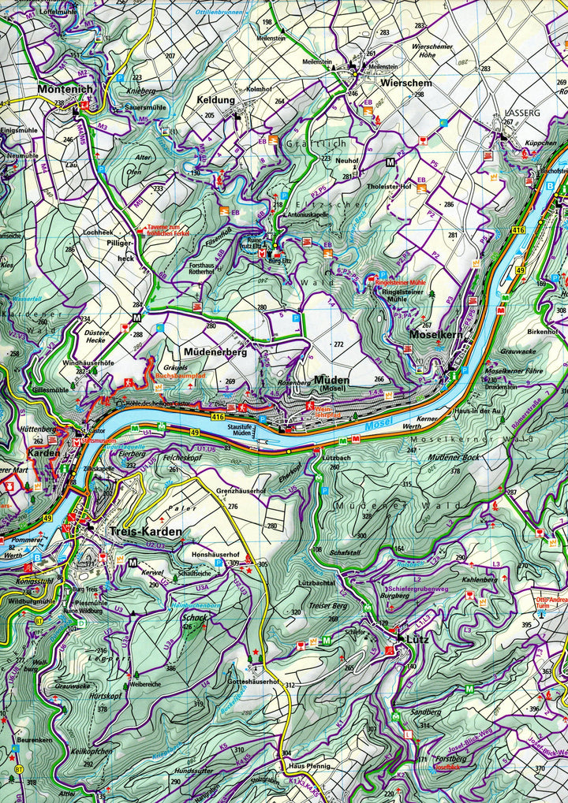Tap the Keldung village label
pos(216,100)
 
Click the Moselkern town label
pos(435,334)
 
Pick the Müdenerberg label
pos(215,352)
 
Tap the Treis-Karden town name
pos(145,532)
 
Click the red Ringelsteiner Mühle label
pos(400,281)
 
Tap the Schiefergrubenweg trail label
pos(418,589)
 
